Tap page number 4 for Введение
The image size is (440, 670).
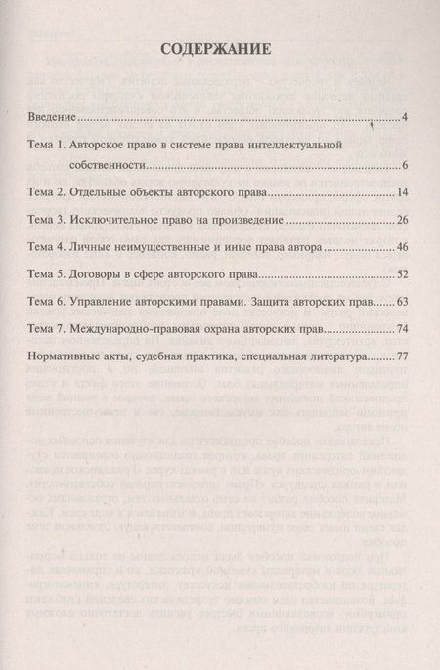(404, 119)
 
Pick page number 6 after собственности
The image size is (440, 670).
(404, 165)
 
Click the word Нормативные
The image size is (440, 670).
(67, 357)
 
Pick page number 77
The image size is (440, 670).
(401, 357)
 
